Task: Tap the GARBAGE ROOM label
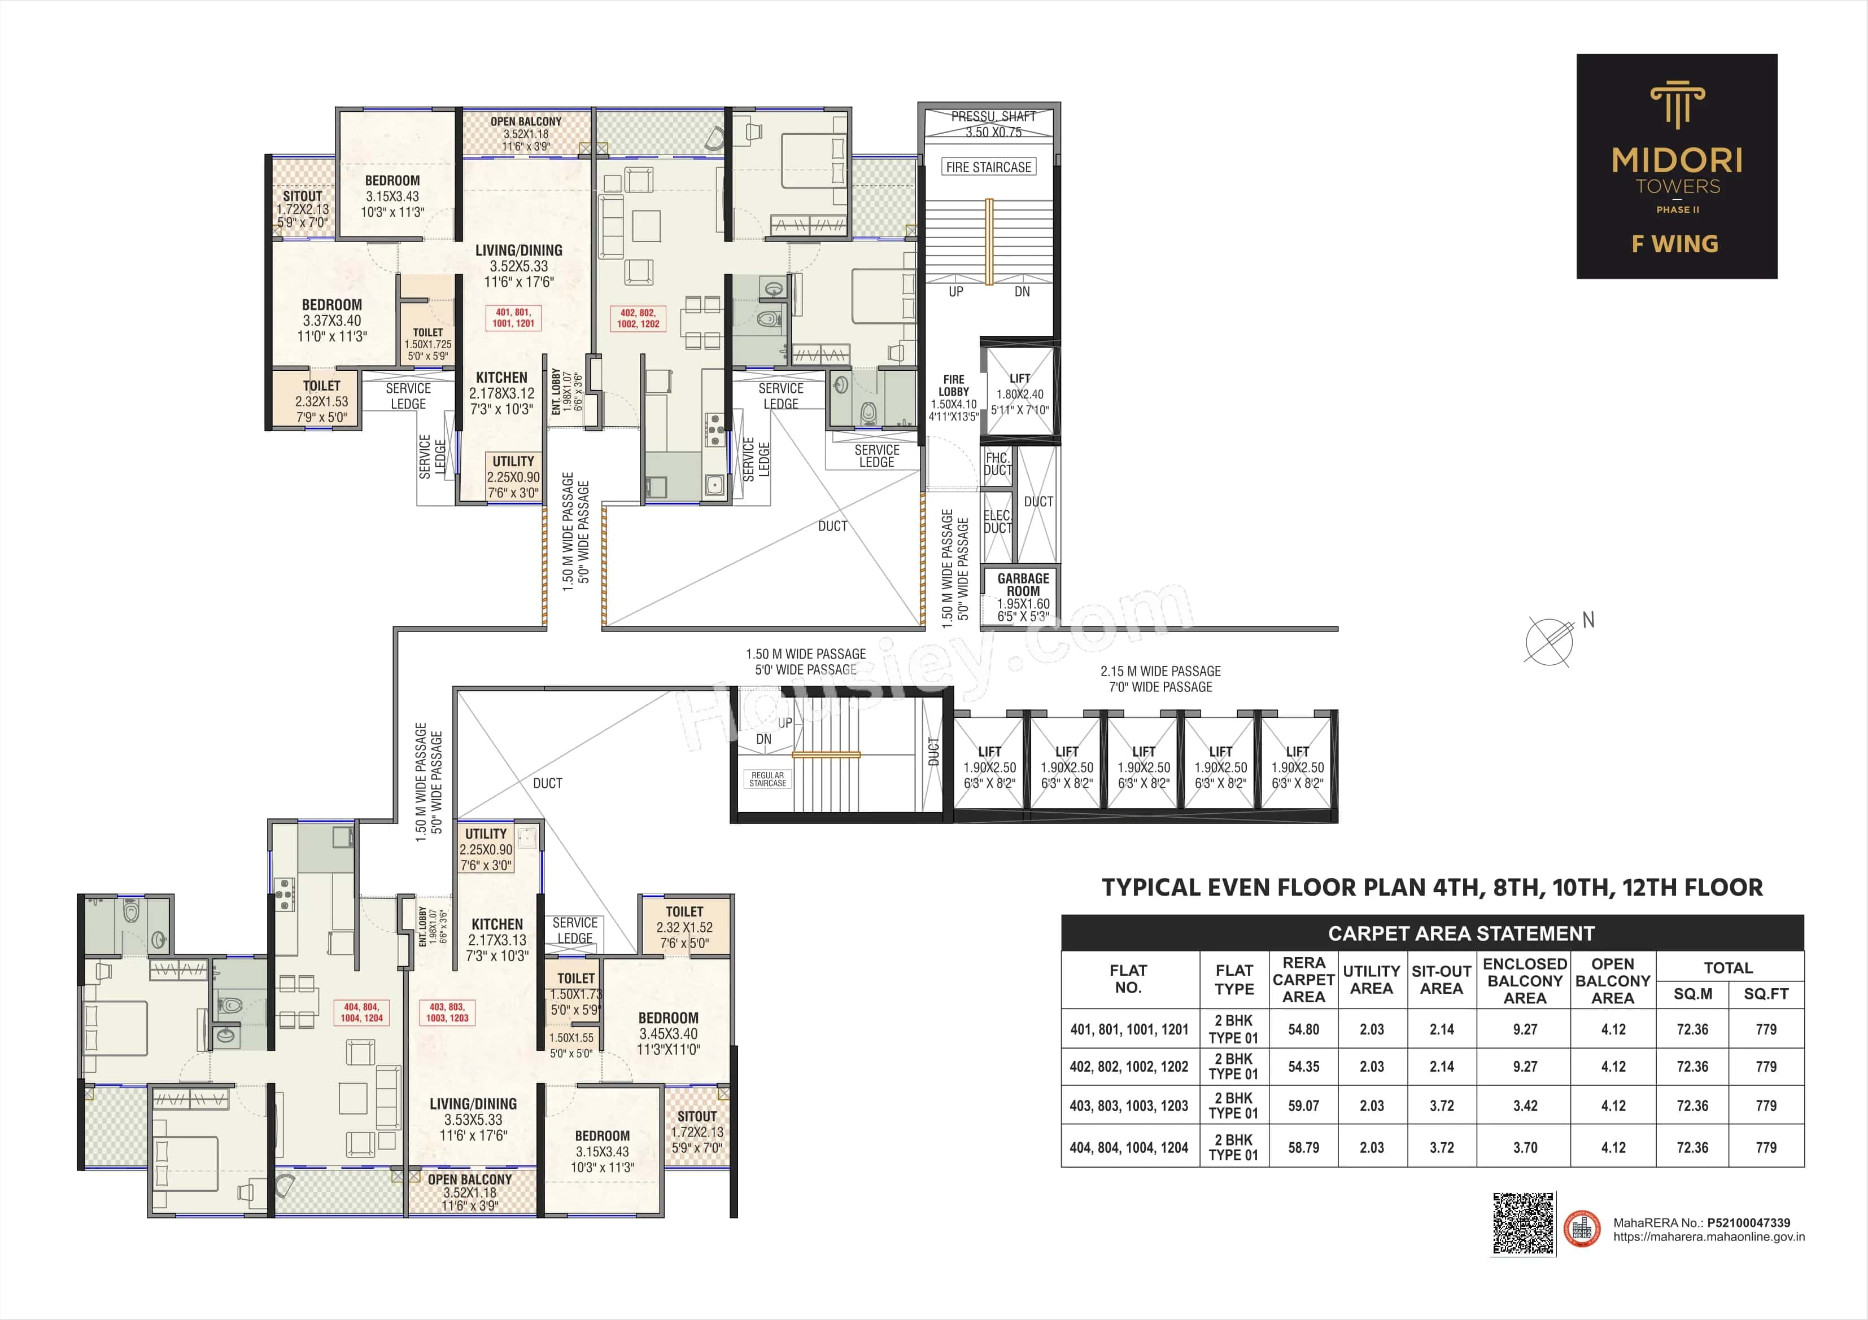[x=1023, y=585]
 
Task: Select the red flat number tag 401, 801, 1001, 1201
[x=513, y=318]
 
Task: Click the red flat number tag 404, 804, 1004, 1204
[x=361, y=1012]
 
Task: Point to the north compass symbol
[x=1549, y=641]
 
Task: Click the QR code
[x=1522, y=1223]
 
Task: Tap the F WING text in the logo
[x=1675, y=244]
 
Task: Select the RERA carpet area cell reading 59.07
[x=1303, y=1106]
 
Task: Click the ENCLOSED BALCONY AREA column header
[x=1525, y=981]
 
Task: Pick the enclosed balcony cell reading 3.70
[x=1525, y=1147]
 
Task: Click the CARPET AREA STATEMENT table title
[x=1461, y=933]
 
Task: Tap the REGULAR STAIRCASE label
[x=767, y=779]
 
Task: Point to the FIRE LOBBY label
[x=954, y=385]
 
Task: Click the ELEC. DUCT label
[x=997, y=521]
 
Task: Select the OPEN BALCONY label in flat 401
[x=526, y=122]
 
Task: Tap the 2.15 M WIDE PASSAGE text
[x=1160, y=671]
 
